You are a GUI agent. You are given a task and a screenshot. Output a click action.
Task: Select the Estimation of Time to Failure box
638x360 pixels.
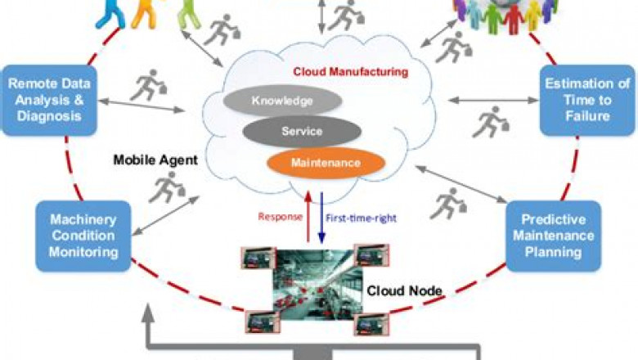[587, 99]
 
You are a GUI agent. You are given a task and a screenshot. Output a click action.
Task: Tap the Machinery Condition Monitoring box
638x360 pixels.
[83, 235]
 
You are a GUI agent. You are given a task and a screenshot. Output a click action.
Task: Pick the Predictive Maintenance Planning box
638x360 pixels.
[552, 235]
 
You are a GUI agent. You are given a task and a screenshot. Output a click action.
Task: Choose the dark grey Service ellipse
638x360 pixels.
[302, 131]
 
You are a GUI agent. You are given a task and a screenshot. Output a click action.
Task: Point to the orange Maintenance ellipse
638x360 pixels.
[326, 162]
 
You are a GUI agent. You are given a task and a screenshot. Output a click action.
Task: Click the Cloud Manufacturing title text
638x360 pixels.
[350, 72]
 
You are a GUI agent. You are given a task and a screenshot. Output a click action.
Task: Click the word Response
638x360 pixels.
[277, 218]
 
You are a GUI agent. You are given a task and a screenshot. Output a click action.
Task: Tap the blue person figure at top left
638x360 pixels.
[110, 10]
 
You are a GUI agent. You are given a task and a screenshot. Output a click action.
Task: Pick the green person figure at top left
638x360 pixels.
[190, 12]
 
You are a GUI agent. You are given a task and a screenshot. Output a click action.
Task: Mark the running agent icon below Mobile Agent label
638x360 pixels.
[161, 189]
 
